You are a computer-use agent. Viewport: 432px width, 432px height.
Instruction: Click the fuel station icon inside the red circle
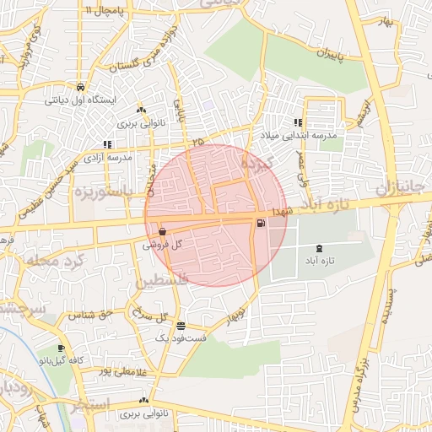point(260,223)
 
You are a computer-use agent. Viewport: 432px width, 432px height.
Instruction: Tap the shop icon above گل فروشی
point(161,231)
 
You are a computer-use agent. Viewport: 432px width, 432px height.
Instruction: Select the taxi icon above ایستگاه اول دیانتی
point(79,87)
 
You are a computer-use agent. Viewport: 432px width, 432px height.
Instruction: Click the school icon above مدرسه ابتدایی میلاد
point(298,122)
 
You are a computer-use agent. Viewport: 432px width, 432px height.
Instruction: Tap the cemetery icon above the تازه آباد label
point(318,249)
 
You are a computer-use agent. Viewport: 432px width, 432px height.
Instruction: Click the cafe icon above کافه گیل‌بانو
point(61,348)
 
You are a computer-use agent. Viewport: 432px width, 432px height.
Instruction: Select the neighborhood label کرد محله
point(50,258)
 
